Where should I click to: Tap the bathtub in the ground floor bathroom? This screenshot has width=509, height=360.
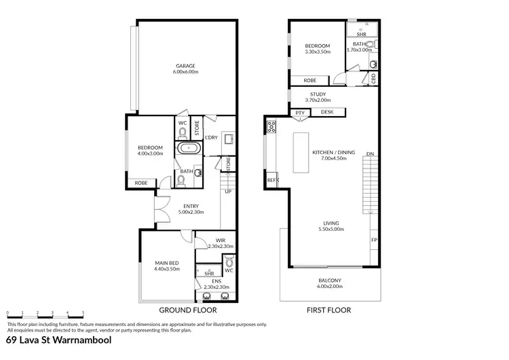click(188, 149)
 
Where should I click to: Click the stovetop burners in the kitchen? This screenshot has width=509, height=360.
click(271, 126)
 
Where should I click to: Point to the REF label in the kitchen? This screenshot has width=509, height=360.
click(271, 180)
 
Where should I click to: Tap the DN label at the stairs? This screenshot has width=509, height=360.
click(369, 154)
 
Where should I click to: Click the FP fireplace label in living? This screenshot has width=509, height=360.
click(373, 240)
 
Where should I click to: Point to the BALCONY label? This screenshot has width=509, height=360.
click(330, 280)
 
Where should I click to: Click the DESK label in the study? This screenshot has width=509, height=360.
click(327, 112)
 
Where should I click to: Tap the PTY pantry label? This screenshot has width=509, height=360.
click(299, 113)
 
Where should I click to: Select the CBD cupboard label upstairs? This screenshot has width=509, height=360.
click(374, 78)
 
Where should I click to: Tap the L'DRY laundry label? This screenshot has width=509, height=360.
click(211, 137)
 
